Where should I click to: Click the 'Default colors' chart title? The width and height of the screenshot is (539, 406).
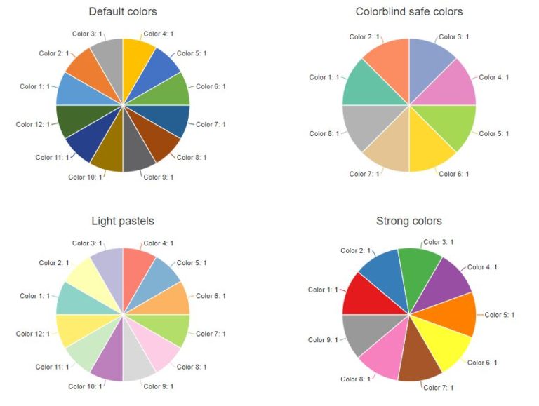[123, 11]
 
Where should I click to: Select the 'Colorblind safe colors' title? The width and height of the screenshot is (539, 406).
[409, 11]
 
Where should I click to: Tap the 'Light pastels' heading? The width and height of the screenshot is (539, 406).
[123, 221]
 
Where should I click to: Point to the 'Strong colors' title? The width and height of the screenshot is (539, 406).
[409, 221]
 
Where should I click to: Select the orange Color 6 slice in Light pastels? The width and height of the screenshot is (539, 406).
[172, 299]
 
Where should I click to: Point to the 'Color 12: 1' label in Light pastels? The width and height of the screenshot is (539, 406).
[33, 334]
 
